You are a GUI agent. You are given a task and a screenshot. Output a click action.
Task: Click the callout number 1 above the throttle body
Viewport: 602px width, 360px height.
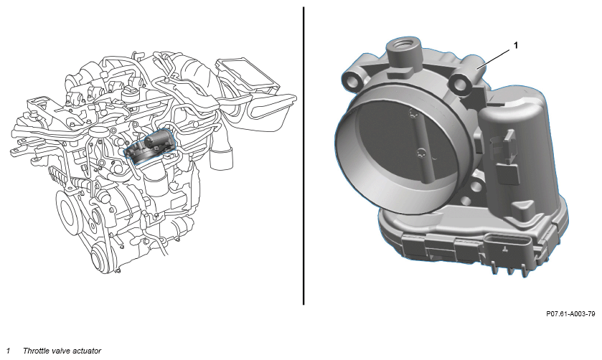[516, 45]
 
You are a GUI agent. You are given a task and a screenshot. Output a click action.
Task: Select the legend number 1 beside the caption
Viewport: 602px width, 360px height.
[8, 351]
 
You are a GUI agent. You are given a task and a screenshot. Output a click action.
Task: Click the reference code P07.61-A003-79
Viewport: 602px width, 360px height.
[570, 314]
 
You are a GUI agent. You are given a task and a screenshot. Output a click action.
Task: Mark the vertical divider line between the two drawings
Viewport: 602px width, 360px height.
[304, 156]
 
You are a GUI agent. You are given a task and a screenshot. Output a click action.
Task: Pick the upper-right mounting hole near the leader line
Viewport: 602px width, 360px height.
[461, 82]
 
